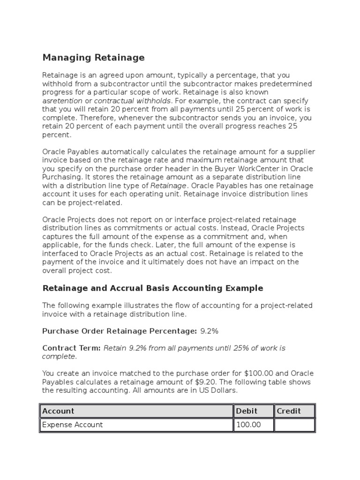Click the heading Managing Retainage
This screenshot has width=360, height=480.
click(x=93, y=58)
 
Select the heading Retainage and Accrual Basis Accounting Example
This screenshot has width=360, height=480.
click(x=153, y=288)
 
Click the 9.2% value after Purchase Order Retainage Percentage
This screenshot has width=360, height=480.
click(x=209, y=331)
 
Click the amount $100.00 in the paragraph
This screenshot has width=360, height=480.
click(x=259, y=373)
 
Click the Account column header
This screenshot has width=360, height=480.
click(x=58, y=411)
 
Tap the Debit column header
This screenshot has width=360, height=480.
click(x=247, y=411)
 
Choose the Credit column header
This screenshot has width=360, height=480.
click(x=289, y=411)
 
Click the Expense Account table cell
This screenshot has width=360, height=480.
click(x=73, y=425)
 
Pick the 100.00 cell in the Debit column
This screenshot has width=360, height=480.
click(x=248, y=425)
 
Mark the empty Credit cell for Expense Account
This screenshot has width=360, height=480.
click(x=294, y=425)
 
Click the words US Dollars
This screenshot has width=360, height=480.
click(x=217, y=390)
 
